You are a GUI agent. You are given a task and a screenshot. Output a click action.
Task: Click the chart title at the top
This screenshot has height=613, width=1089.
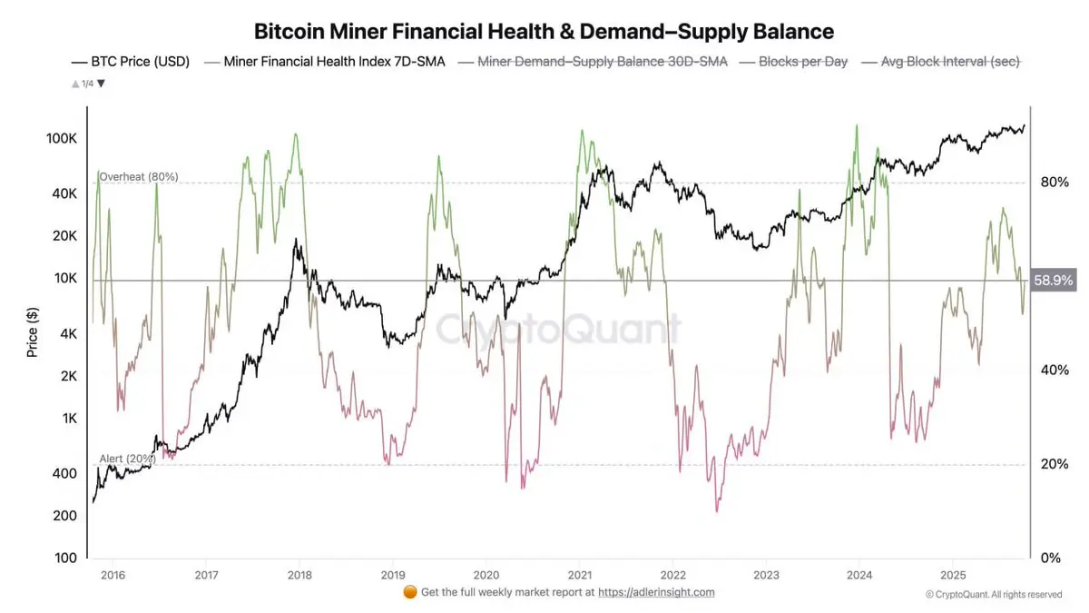[544, 32]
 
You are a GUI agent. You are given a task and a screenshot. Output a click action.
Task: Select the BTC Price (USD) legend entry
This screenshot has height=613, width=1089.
[132, 62]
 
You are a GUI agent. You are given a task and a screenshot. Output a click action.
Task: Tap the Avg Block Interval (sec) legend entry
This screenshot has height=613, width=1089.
[950, 62]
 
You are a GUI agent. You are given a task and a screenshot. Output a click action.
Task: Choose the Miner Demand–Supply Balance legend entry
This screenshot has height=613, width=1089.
[602, 62]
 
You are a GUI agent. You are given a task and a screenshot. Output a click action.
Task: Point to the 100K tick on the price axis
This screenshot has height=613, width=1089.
[61, 139]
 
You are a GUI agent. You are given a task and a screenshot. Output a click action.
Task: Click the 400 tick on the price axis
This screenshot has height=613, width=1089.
[64, 473]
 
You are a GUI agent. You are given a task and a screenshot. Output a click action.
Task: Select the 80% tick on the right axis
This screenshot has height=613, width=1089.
[1053, 183]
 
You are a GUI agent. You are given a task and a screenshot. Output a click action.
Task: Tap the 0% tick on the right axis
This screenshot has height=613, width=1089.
[1049, 558]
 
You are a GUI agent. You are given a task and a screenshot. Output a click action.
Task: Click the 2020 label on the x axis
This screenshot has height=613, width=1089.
[486, 575]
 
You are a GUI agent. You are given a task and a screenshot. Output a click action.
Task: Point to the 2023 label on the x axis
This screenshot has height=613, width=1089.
[766, 575]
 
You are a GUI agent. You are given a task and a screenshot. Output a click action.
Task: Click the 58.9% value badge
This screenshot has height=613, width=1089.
[1054, 281]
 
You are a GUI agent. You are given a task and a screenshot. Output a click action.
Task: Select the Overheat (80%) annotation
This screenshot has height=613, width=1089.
[138, 176]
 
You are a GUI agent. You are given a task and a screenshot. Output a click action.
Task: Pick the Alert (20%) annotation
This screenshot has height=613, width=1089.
[127, 460]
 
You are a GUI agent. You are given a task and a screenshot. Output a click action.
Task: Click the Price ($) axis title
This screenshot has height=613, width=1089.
[33, 331]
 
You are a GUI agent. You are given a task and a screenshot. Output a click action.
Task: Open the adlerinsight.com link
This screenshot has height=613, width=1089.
[656, 592]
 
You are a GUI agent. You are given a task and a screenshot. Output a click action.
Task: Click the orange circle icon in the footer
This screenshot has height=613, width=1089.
[409, 592]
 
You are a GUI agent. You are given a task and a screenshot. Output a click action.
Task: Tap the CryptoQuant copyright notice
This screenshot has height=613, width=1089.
[993, 595]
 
